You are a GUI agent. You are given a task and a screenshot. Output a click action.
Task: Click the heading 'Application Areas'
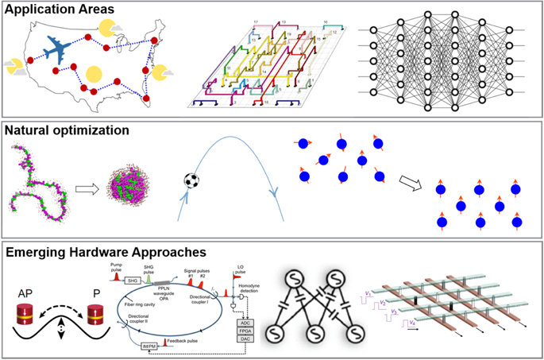click(60, 14)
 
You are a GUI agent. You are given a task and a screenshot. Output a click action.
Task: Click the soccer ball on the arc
click(191, 180)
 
